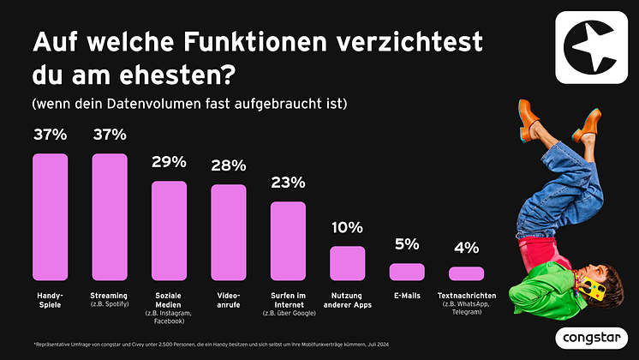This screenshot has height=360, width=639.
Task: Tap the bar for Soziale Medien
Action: [169, 231]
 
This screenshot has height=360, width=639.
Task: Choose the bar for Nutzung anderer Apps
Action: [347, 263]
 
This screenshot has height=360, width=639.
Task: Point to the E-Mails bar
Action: [407, 272]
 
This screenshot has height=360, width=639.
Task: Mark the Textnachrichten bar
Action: [466, 273]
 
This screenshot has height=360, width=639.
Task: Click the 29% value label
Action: [169, 162]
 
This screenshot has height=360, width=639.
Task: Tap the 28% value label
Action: [228, 165]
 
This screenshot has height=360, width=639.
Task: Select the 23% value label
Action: [288, 183]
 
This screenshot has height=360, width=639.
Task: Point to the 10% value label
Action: [347, 227]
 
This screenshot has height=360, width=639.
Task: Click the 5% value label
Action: [407, 244]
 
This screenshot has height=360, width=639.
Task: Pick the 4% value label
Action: [466, 249]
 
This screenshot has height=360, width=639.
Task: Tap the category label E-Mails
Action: [407, 296]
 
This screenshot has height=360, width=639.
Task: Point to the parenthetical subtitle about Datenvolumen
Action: [188, 105]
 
